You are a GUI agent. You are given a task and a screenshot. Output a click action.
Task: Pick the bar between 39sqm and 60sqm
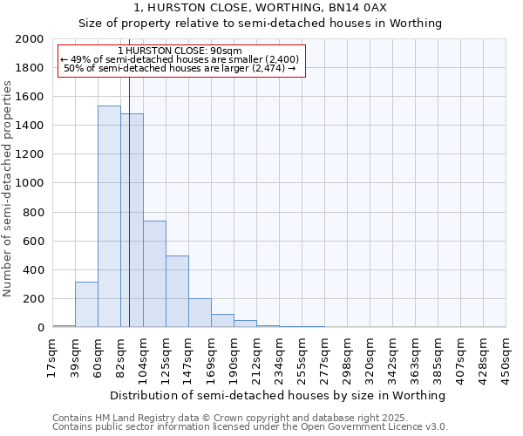(86, 304)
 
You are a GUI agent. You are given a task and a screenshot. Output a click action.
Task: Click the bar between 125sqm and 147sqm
(177, 291)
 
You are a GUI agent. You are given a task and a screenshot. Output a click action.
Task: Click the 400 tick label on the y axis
(34, 270)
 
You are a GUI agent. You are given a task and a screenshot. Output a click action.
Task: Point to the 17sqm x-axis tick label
(52, 356)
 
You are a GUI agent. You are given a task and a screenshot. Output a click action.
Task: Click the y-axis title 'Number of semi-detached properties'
(8, 188)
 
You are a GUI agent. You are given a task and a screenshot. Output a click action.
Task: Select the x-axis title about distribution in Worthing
(279, 395)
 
